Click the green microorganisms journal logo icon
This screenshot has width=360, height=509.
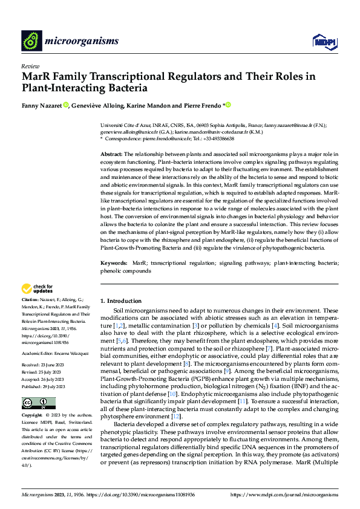click(31, 41)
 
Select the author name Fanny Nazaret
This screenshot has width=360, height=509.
click(41, 105)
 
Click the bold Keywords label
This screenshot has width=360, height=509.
click(113, 263)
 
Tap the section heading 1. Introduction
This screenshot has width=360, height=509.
click(121, 300)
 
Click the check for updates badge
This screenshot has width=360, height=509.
click(38, 288)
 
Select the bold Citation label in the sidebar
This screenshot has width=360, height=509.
click(30, 300)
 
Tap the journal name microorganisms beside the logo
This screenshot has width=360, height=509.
click(81, 41)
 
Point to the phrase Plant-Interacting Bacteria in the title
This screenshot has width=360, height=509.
click(85, 88)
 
